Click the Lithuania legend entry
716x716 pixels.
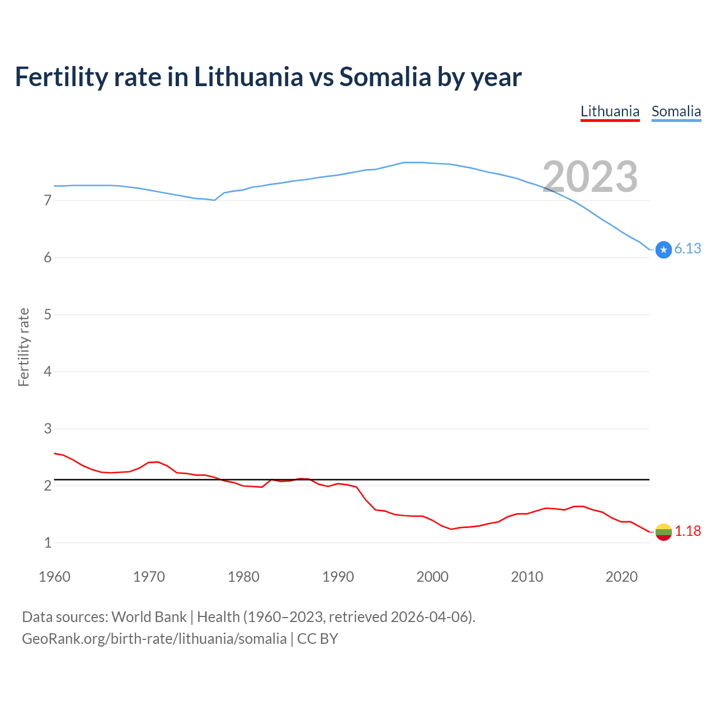(x=610, y=111)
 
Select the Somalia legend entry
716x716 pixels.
(x=676, y=111)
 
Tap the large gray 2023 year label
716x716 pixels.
(x=590, y=177)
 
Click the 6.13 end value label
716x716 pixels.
(x=687, y=248)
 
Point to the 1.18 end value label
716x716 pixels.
(x=687, y=531)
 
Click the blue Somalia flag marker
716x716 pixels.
(x=663, y=249)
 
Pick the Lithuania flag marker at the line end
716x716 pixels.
(x=663, y=532)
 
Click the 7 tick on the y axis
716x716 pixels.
(x=48, y=200)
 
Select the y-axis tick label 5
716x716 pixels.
(x=48, y=314)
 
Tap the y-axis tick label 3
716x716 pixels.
(x=48, y=428)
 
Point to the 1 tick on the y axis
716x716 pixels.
(x=48, y=543)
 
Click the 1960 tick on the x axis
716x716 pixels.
(x=54, y=577)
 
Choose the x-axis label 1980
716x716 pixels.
(x=243, y=577)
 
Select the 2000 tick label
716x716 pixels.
(x=432, y=577)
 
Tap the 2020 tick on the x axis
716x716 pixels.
(x=621, y=577)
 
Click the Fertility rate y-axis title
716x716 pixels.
(x=23, y=347)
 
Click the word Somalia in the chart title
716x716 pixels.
(x=385, y=77)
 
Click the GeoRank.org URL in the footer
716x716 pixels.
(x=154, y=639)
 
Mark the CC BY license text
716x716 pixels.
(x=317, y=639)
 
